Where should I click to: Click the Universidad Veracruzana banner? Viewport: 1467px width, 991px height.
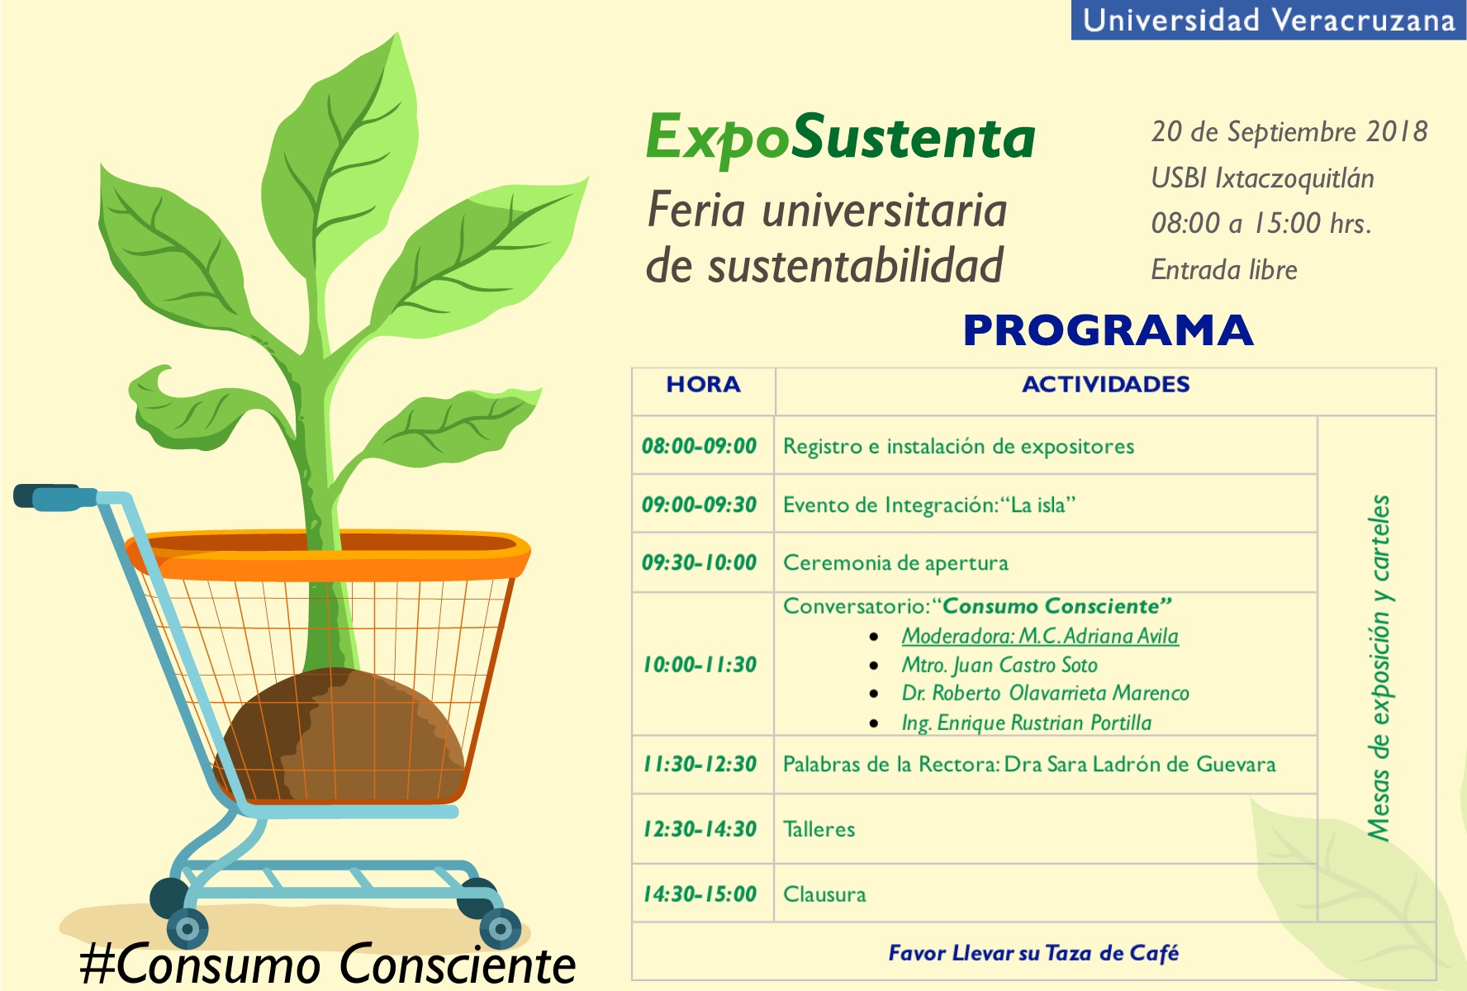(x=1268, y=20)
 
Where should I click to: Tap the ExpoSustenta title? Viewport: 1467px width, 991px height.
(x=840, y=138)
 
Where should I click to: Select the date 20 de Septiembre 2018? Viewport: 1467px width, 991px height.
(x=1289, y=132)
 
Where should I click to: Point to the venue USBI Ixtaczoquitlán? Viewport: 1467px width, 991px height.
(x=1262, y=179)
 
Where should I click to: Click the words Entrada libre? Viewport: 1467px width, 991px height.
(x=1224, y=270)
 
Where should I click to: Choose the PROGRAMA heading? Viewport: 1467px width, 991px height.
(x=1108, y=330)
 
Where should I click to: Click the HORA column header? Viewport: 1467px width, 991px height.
(x=704, y=384)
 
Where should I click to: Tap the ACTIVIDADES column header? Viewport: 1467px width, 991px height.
(x=1106, y=384)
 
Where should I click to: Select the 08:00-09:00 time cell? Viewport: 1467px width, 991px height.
(x=700, y=446)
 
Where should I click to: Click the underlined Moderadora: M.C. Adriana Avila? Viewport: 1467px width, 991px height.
(x=1040, y=636)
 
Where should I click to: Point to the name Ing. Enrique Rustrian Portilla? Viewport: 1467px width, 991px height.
(x=1026, y=723)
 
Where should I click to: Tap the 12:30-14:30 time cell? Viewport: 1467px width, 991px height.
(x=700, y=829)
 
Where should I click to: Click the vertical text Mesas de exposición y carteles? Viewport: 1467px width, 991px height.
(x=1379, y=668)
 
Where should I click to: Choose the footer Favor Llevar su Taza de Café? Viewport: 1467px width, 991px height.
(x=1033, y=953)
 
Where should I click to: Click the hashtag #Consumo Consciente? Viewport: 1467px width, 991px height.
(x=328, y=965)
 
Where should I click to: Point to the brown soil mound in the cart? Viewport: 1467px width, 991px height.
(x=339, y=735)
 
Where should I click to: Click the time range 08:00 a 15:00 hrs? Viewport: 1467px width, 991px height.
(x=1261, y=224)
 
